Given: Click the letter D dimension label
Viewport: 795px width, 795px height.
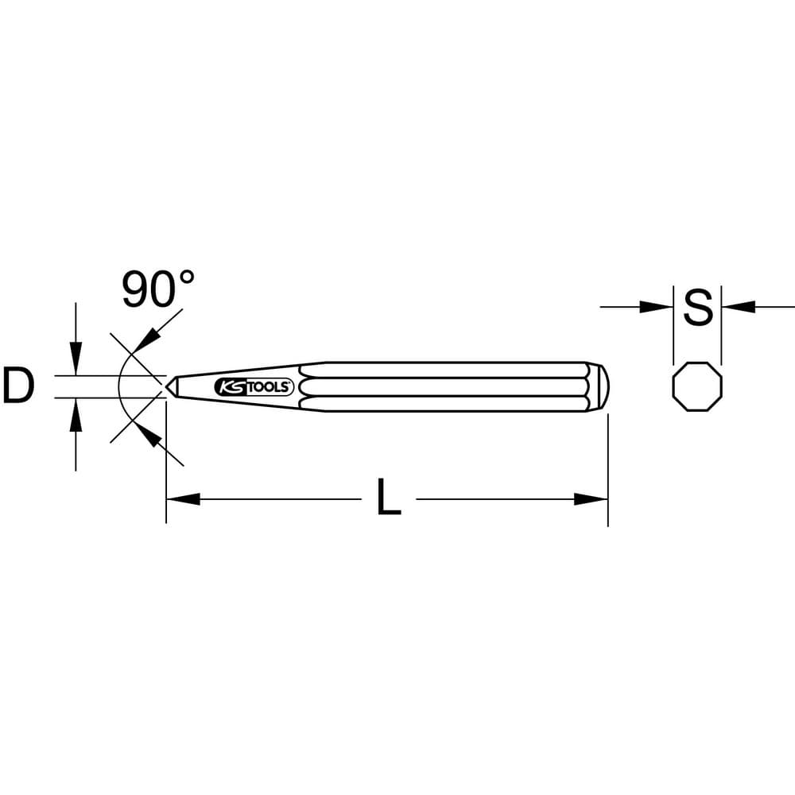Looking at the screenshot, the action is [19, 386].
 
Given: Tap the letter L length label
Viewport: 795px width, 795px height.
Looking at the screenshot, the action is [389, 497].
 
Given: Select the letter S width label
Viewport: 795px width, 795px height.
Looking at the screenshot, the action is [698, 307].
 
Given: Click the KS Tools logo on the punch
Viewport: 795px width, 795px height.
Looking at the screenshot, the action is [254, 387].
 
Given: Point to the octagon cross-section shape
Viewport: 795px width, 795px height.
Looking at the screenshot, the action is [697, 387].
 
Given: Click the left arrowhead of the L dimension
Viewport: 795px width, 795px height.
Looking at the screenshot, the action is [183, 499].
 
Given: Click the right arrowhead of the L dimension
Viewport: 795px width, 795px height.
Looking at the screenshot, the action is [591, 499].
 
